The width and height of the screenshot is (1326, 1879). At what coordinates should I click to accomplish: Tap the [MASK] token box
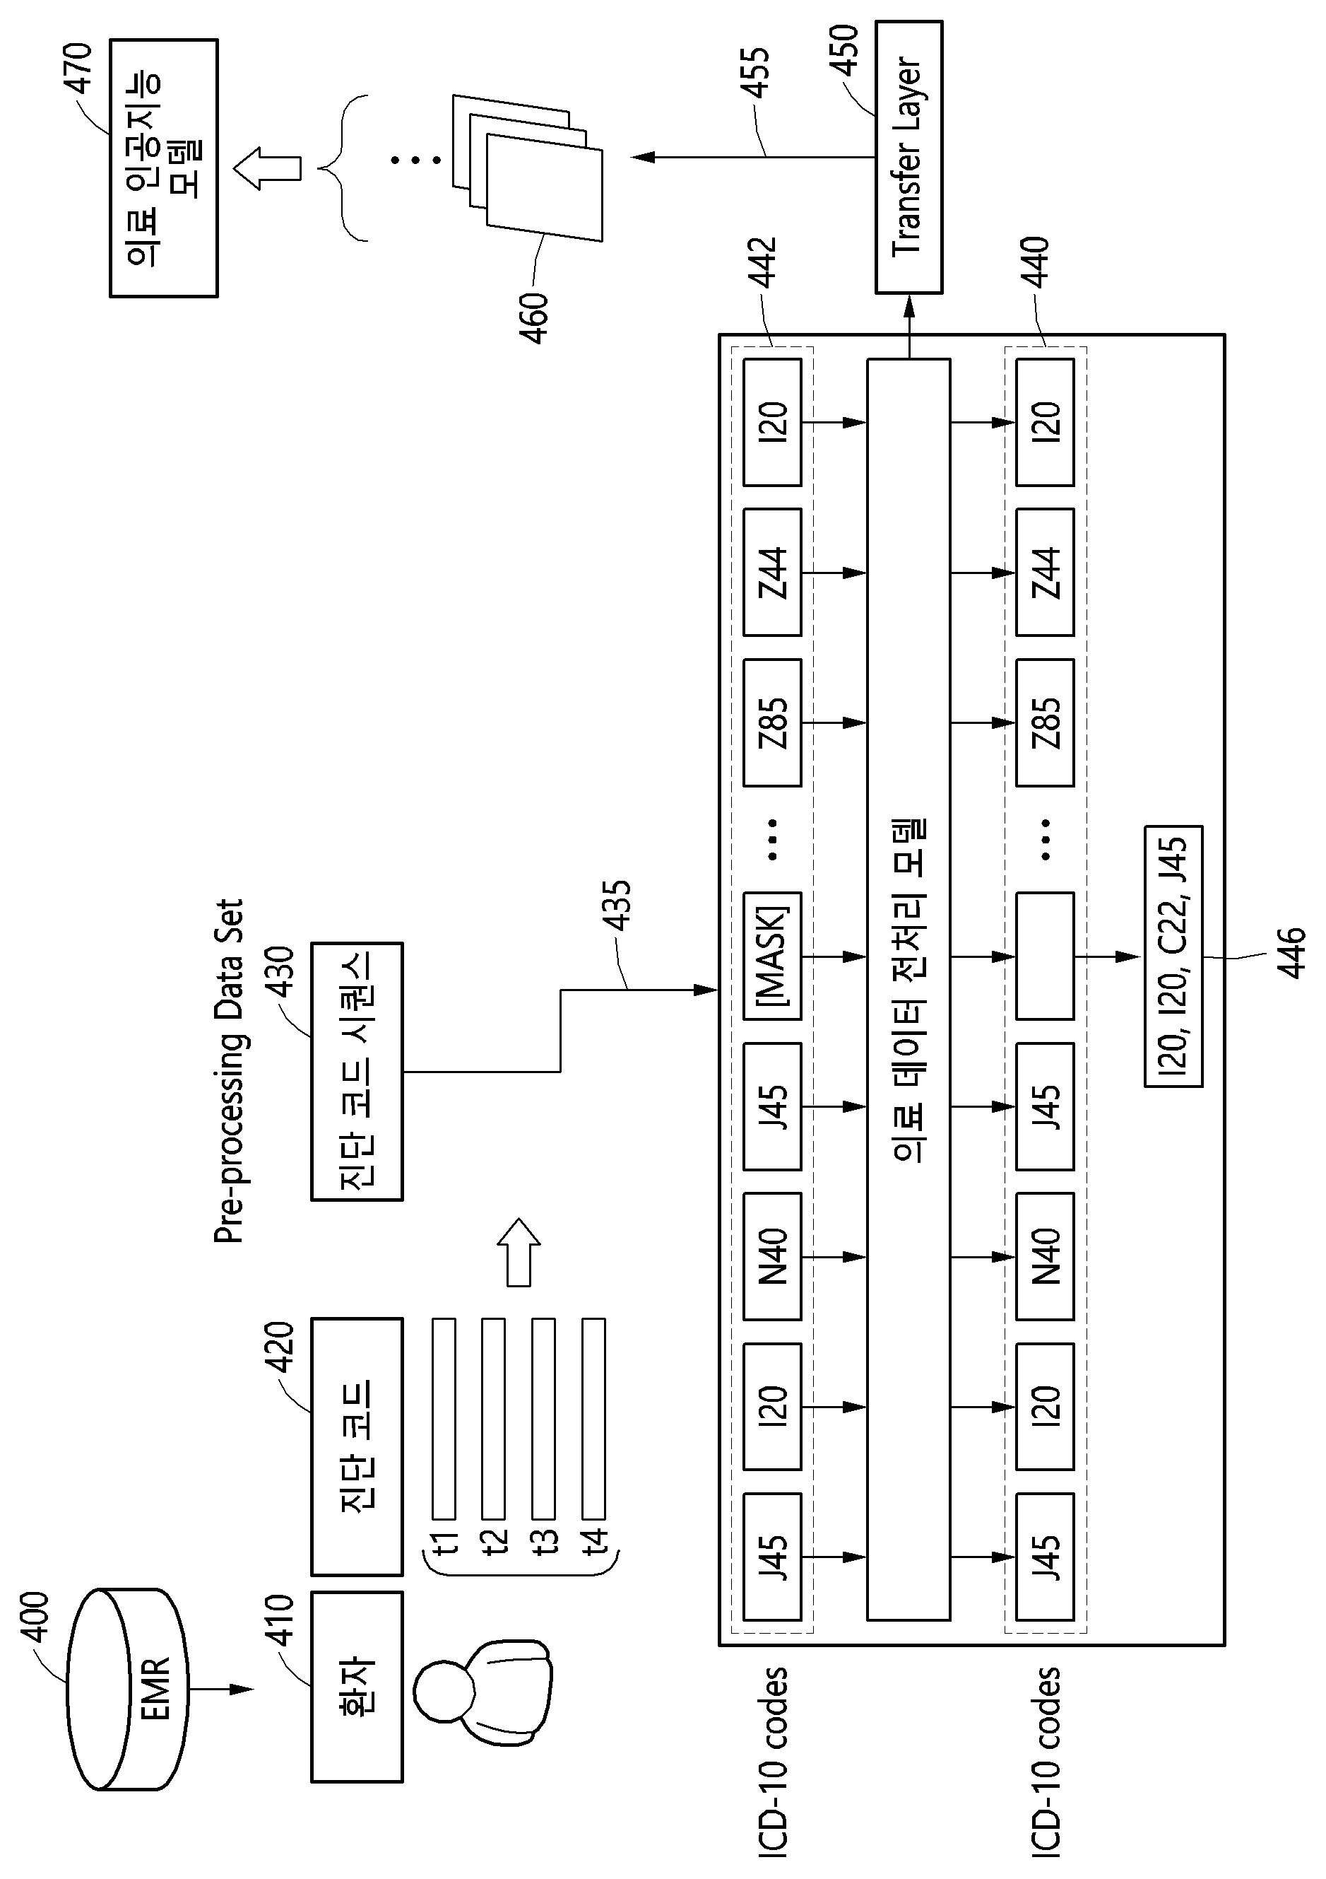pos(772,955)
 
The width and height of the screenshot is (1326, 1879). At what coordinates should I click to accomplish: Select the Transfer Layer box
pos(908,157)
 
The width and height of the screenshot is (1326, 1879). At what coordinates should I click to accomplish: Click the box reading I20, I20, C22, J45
pos(1173,956)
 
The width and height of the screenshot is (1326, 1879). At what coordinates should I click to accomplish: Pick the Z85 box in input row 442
pos(772,722)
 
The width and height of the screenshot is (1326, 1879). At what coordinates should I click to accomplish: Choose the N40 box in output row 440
pos(1045,1256)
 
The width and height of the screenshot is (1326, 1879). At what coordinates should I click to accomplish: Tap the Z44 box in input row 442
pos(772,573)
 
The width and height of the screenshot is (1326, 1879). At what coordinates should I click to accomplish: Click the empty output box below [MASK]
pos(1045,955)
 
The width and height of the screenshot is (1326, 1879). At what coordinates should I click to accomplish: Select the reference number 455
pos(757,73)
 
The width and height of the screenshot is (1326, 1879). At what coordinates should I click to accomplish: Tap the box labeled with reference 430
pos(357,1071)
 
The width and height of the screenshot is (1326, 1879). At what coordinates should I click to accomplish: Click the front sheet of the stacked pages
pos(544,187)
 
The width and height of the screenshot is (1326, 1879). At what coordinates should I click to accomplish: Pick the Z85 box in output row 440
pos(1045,722)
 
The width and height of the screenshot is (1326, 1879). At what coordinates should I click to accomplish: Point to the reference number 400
pos(36,1617)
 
